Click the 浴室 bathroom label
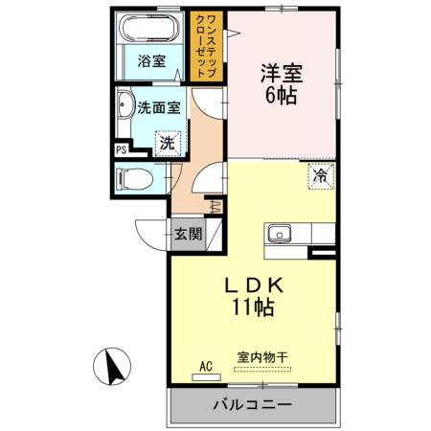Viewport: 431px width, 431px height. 151,62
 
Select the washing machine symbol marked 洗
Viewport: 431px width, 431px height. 166,144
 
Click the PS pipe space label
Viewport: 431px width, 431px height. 121,149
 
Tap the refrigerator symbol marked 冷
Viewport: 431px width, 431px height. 320,175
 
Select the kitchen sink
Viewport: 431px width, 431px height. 281,233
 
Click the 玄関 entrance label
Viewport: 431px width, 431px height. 187,233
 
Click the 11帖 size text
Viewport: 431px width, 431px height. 253,307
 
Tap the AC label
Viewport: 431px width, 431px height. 205,365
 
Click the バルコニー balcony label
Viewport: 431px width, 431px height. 252,407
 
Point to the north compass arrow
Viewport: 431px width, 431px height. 112,366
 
